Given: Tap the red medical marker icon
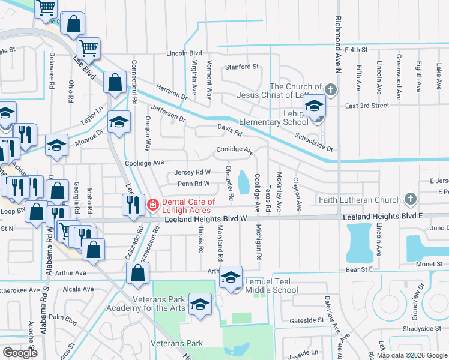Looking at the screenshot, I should coord(152,206).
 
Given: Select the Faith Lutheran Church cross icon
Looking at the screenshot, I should coord(411,199).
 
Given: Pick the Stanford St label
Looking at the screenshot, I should coord(241,67).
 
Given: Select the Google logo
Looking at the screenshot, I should coord(20,352).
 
